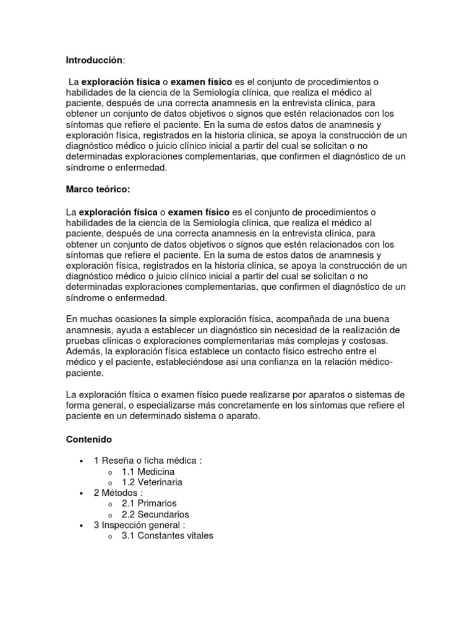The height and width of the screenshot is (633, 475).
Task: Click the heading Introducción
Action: pos(95,60)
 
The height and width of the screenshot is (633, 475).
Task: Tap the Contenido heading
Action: pos(88,440)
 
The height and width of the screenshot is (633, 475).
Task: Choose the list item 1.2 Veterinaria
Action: pos(152,482)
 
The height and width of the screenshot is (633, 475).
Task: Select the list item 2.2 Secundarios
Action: pos(155,514)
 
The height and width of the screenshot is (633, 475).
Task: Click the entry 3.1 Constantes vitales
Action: pos(167,536)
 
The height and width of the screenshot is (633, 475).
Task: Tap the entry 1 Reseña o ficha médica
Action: pos(148,461)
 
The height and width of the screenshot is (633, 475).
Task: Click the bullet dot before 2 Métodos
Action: pos(81,493)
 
